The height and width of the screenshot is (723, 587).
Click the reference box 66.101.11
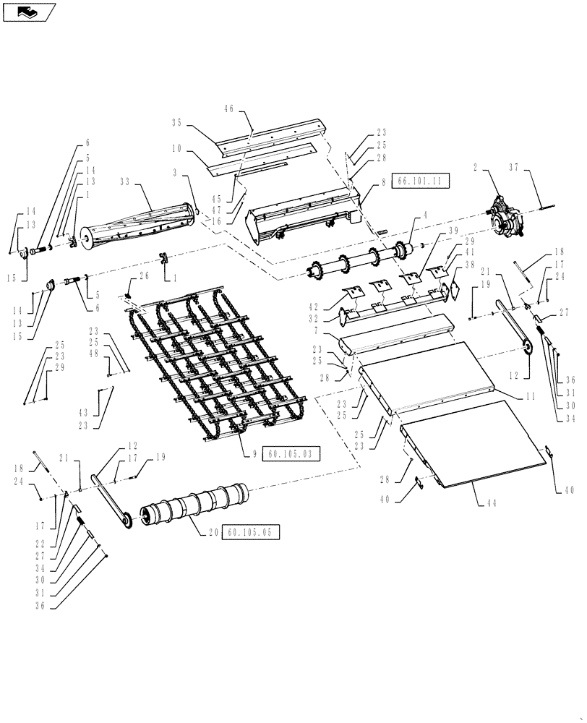pyautogui.click(x=420, y=181)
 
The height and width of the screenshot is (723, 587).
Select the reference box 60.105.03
pyautogui.click(x=290, y=454)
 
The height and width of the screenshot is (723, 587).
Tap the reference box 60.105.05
pyautogui.click(x=250, y=532)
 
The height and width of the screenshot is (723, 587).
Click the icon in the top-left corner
pyautogui.click(x=30, y=12)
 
